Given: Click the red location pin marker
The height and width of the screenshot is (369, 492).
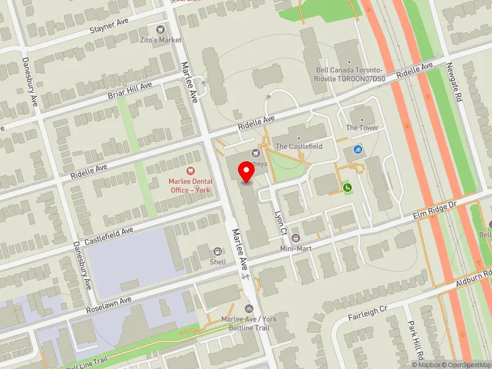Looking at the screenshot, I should (x=247, y=172).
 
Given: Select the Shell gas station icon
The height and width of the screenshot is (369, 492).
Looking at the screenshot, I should (x=217, y=252).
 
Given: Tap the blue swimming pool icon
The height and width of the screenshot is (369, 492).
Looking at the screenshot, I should (x=358, y=149).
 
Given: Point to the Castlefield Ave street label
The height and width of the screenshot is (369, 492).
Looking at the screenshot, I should (x=109, y=234).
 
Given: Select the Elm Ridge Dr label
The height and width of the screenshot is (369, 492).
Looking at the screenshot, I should (x=435, y=210).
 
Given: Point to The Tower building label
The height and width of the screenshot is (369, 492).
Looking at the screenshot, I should (x=362, y=127).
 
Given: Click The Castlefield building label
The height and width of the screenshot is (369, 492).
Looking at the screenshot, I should (x=298, y=146).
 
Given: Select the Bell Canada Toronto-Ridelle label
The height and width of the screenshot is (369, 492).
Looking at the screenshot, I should (x=349, y=74).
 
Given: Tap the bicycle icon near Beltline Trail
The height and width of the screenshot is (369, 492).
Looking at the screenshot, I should (x=249, y=309).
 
